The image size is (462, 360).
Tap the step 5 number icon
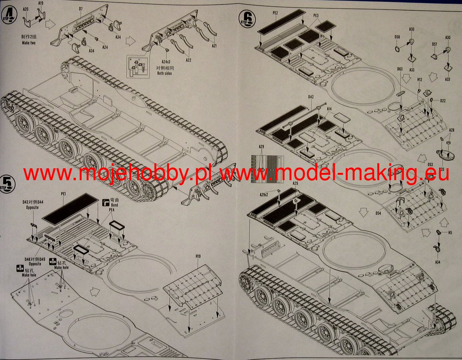click(7, 182)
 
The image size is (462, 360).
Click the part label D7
click(81, 8)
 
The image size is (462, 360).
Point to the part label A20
click(26, 8)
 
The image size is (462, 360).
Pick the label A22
click(188, 60)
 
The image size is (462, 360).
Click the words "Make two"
click(28, 43)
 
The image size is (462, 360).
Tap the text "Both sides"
click(164, 73)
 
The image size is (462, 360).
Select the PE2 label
click(275, 13)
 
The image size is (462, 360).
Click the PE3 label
click(316, 16)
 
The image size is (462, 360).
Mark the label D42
click(311, 97)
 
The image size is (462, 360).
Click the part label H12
click(420, 79)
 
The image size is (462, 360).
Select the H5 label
click(450, 233)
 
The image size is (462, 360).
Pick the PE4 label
click(112, 210)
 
